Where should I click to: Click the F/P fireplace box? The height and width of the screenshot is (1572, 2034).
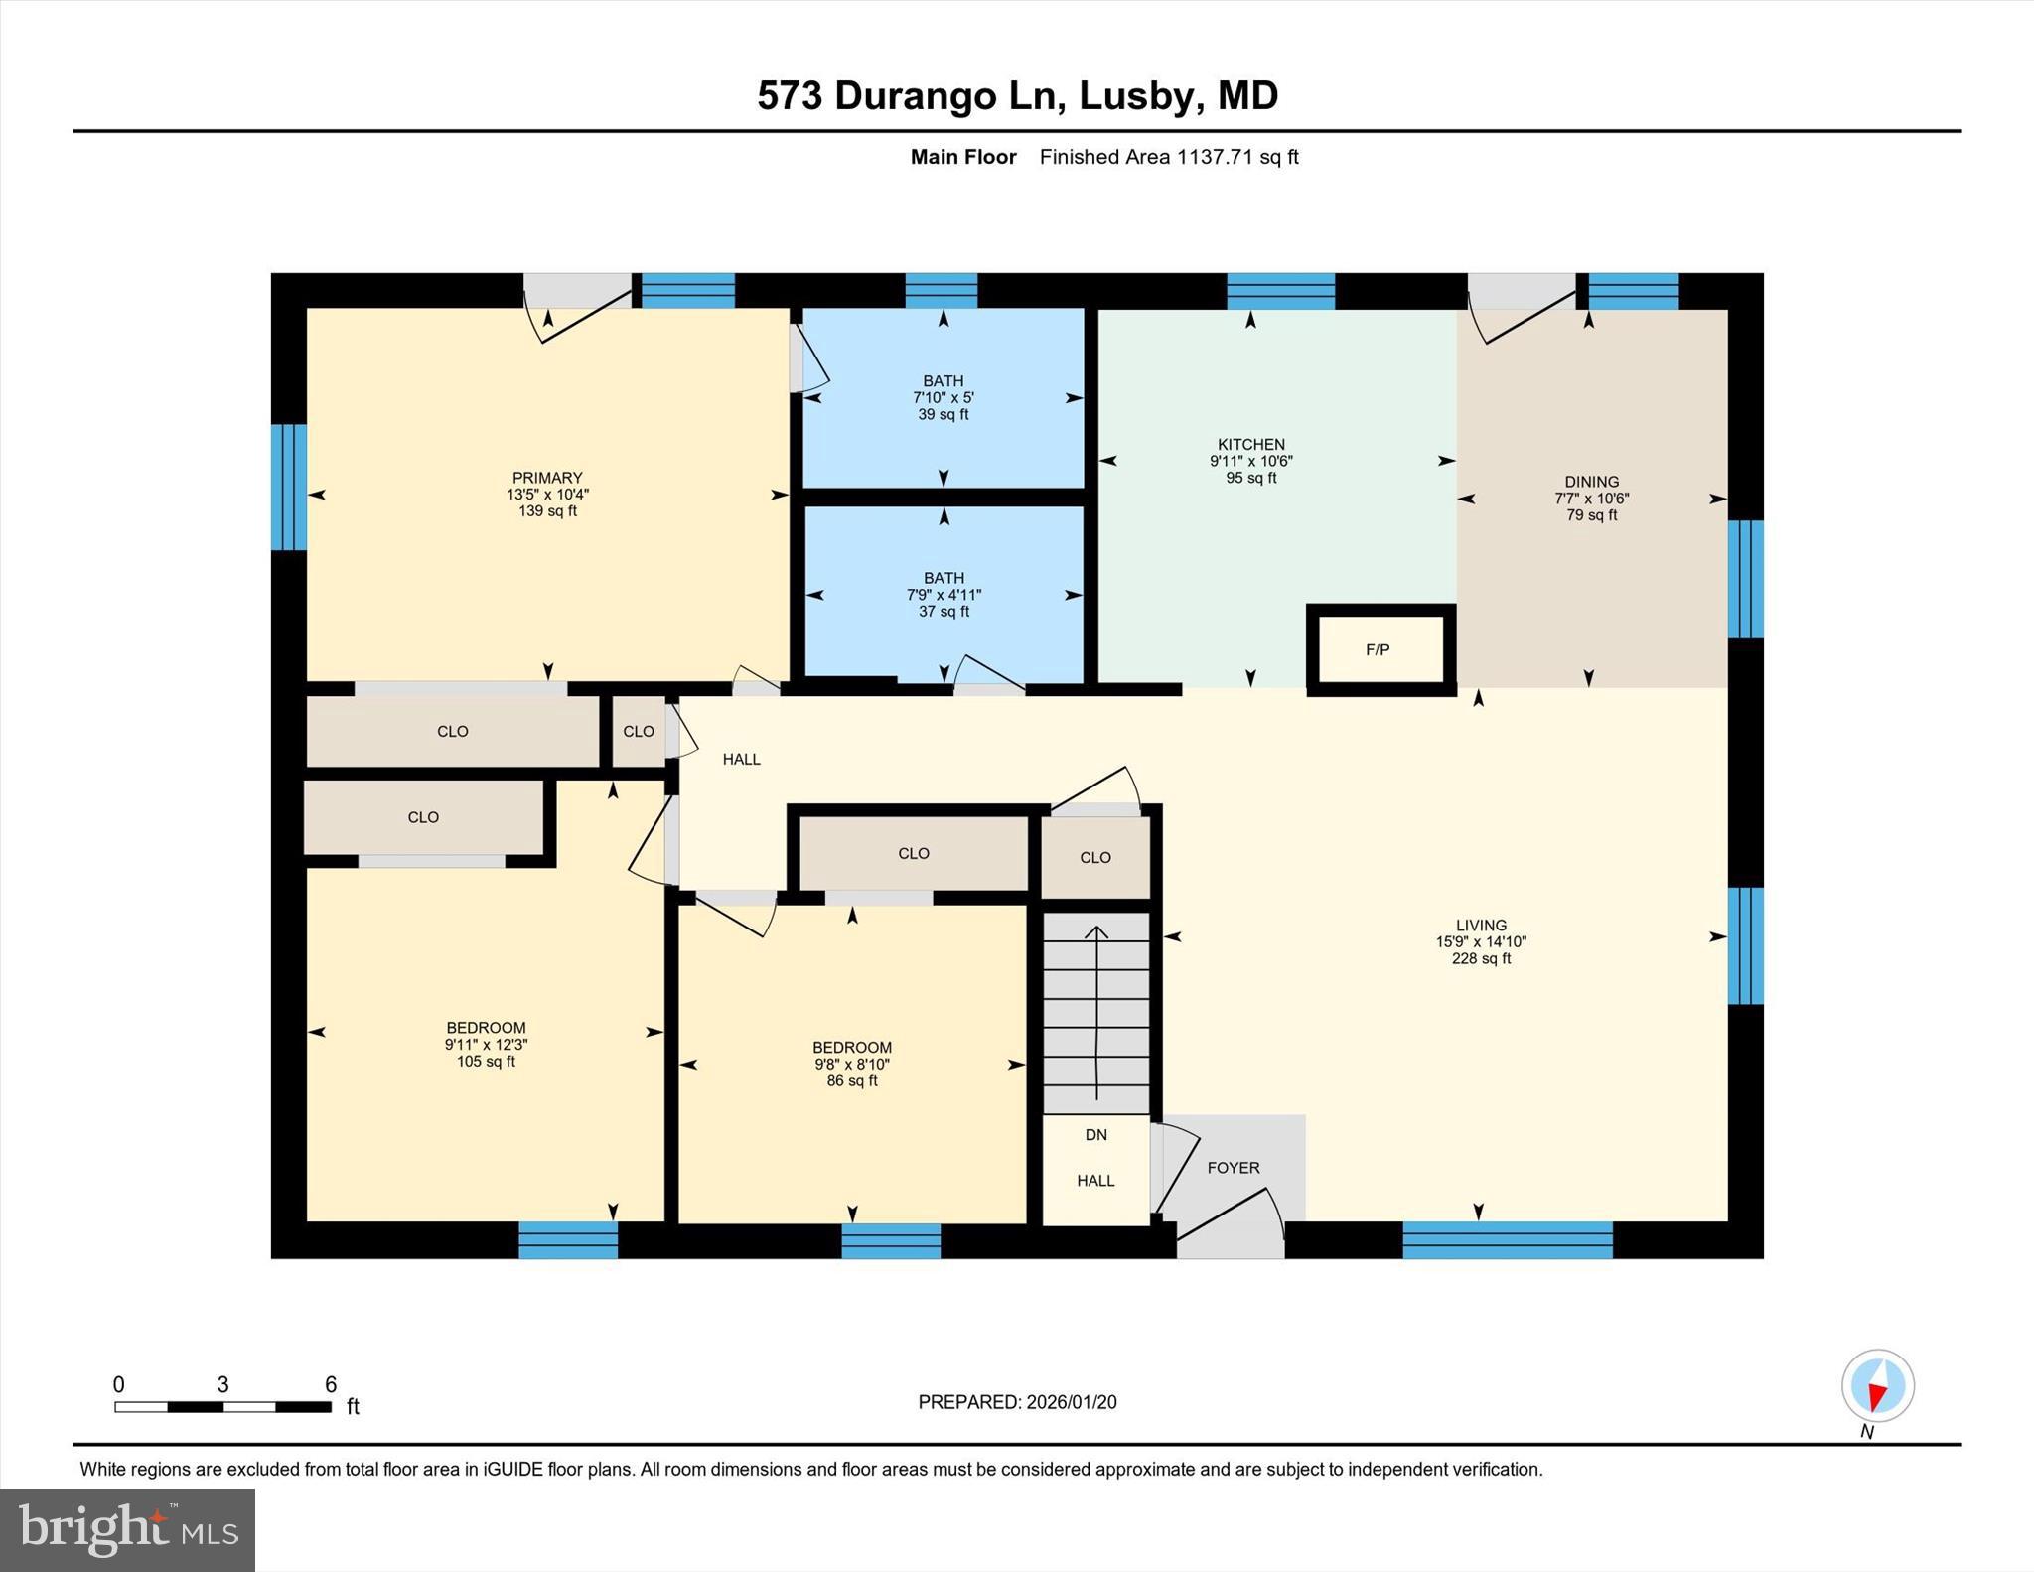tap(1379, 650)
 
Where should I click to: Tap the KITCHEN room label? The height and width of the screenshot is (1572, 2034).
tap(1251, 445)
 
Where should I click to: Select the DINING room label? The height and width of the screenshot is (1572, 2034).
tap(1591, 482)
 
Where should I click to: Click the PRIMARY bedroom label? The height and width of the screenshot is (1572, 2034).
tap(547, 478)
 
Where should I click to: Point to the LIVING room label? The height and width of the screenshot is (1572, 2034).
tap(1481, 925)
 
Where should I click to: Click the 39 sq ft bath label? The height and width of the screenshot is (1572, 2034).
tap(943, 397)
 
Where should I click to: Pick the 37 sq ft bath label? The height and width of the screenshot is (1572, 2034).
tap(944, 594)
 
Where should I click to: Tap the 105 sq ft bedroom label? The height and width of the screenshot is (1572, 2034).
tap(486, 1044)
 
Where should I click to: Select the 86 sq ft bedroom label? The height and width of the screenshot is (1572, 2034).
tap(852, 1064)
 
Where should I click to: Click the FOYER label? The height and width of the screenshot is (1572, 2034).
tap(1234, 1168)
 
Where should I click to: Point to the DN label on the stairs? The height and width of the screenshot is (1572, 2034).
tap(1095, 1135)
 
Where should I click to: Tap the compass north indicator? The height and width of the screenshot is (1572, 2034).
tap(1877, 1387)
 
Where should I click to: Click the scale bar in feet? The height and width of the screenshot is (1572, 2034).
tap(223, 1406)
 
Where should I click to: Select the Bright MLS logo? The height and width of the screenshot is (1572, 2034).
tap(127, 1529)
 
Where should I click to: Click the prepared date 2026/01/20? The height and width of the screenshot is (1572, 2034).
tap(1017, 1402)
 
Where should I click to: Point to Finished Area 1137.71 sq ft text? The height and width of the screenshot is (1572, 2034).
tap(1168, 157)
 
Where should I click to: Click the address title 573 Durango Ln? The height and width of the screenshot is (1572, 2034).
tap(1017, 96)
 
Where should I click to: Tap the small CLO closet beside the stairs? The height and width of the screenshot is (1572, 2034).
tap(1095, 857)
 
